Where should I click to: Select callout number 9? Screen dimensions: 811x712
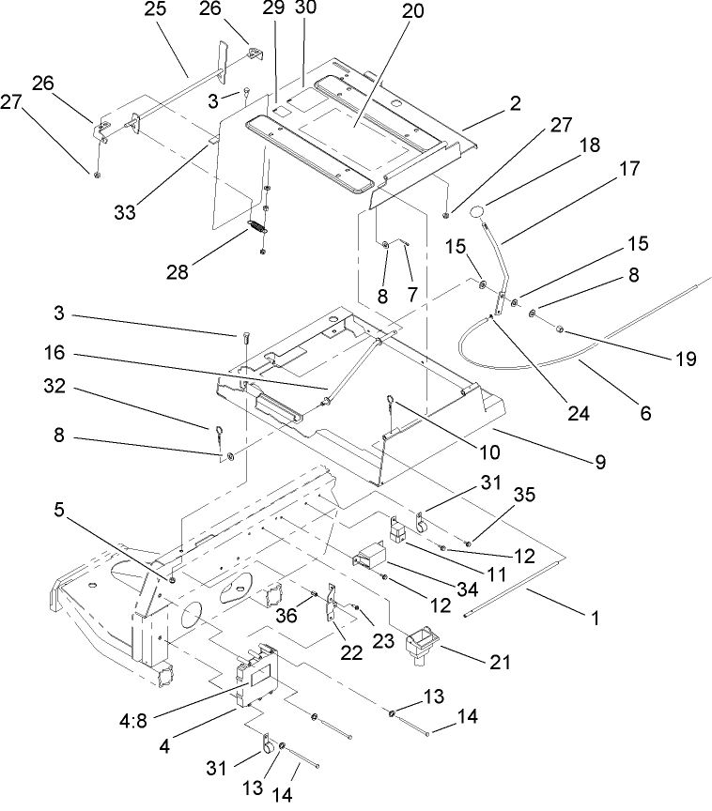click(x=597, y=462)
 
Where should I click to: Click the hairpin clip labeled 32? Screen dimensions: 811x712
click(x=216, y=435)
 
